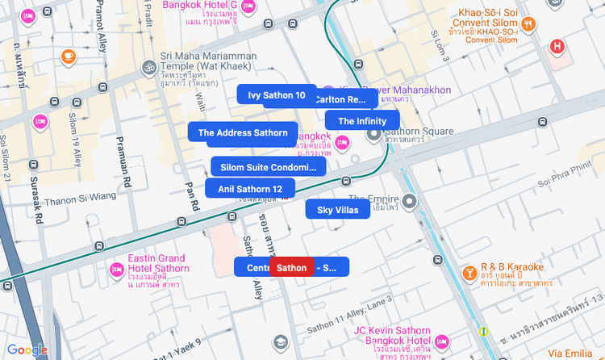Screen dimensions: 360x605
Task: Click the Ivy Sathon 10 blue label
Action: pyautogui.click(x=277, y=95)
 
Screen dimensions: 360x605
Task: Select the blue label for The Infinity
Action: pyautogui.click(x=362, y=121)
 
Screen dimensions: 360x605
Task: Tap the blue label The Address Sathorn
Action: pyautogui.click(x=242, y=132)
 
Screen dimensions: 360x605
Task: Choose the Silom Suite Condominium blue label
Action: pyautogui.click(x=268, y=167)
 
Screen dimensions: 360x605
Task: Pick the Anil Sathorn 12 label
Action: pyautogui.click(x=249, y=189)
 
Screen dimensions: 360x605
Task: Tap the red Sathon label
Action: pyautogui.click(x=291, y=267)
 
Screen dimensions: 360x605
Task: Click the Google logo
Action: pyautogui.click(x=27, y=350)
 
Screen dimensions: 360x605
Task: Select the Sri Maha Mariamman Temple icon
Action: pyautogui.click(x=148, y=67)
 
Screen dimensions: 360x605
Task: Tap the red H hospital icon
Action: pyautogui.click(x=557, y=46)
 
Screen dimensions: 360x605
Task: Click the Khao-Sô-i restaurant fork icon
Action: pyautogui.click(x=528, y=24)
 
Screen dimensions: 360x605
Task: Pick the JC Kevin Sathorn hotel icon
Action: pyautogui.click(x=440, y=342)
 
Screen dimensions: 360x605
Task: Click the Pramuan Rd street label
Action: pyautogui.click(x=126, y=162)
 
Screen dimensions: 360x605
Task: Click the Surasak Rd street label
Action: pyautogui.click(x=34, y=196)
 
